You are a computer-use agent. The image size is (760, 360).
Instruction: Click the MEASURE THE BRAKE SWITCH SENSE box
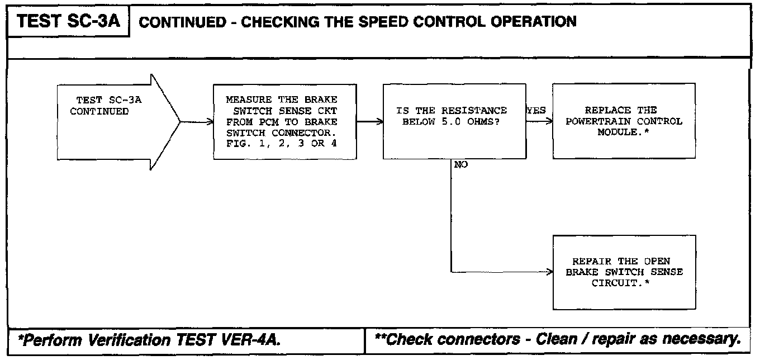[285, 121]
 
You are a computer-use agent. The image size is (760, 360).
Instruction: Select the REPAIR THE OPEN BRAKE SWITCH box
[624, 272]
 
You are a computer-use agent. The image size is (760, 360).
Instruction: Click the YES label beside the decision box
[536, 111]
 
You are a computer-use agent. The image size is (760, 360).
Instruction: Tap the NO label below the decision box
[462, 165]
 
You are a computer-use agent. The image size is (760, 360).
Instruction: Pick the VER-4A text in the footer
[260, 339]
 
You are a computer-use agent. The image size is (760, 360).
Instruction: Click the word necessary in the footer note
[705, 339]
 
